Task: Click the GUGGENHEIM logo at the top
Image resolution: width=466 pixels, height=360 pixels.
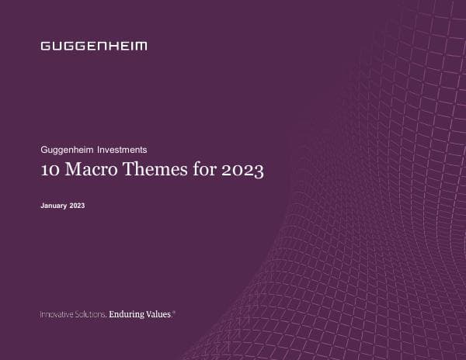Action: pyautogui.click(x=93, y=46)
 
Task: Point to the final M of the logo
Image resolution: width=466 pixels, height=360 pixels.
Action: pyautogui.click(x=141, y=46)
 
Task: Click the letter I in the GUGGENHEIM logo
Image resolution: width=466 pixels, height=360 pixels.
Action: pyautogui.click(x=132, y=46)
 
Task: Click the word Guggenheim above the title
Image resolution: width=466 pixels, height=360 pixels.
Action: pyautogui.click(x=67, y=149)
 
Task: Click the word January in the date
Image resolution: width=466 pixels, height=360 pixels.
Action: pyautogui.click(x=53, y=206)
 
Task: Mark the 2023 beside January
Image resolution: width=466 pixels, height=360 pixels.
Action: pyautogui.click(x=77, y=206)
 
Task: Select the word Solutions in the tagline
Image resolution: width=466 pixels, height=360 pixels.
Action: pyautogui.click(x=91, y=314)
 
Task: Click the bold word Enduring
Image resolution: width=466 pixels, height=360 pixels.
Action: pyautogui.click(x=127, y=314)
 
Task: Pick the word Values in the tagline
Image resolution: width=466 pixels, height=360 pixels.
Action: pyautogui.click(x=158, y=314)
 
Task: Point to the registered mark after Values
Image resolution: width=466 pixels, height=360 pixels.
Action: pyautogui.click(x=174, y=312)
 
